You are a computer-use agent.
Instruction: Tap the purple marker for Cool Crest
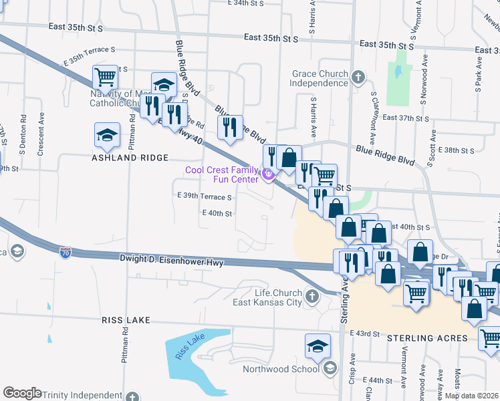point(269,176)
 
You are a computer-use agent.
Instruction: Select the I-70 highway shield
point(65,252)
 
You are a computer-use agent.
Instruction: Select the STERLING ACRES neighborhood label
point(428,338)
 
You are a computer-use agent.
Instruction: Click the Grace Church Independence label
point(319,78)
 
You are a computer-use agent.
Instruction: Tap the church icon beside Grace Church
point(358,78)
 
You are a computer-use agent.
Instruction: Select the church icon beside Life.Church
point(311,295)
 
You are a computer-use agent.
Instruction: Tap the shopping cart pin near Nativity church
point(106,78)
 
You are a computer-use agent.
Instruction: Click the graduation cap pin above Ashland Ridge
point(108,136)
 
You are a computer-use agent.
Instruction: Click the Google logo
point(22,393)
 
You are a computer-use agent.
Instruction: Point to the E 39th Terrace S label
point(204,197)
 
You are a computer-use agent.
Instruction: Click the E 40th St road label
point(217,213)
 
